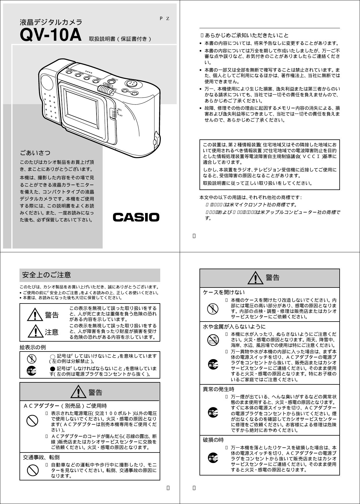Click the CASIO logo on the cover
[x=136, y=217]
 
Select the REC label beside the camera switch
[x=120, y=110]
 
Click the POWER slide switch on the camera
[x=105, y=90]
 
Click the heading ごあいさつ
[x=35, y=152]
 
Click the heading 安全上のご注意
[x=47, y=275]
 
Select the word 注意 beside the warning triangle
[x=52, y=332]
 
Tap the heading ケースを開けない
[x=224, y=292]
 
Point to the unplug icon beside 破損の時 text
[x=213, y=458]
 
